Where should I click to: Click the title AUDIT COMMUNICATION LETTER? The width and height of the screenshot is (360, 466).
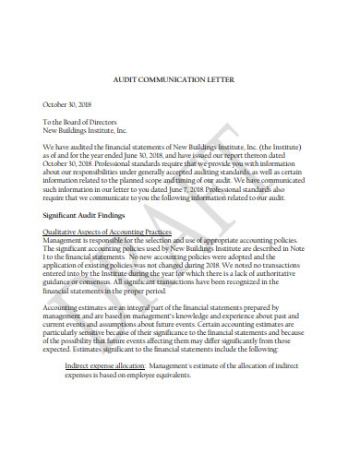[180, 80]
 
